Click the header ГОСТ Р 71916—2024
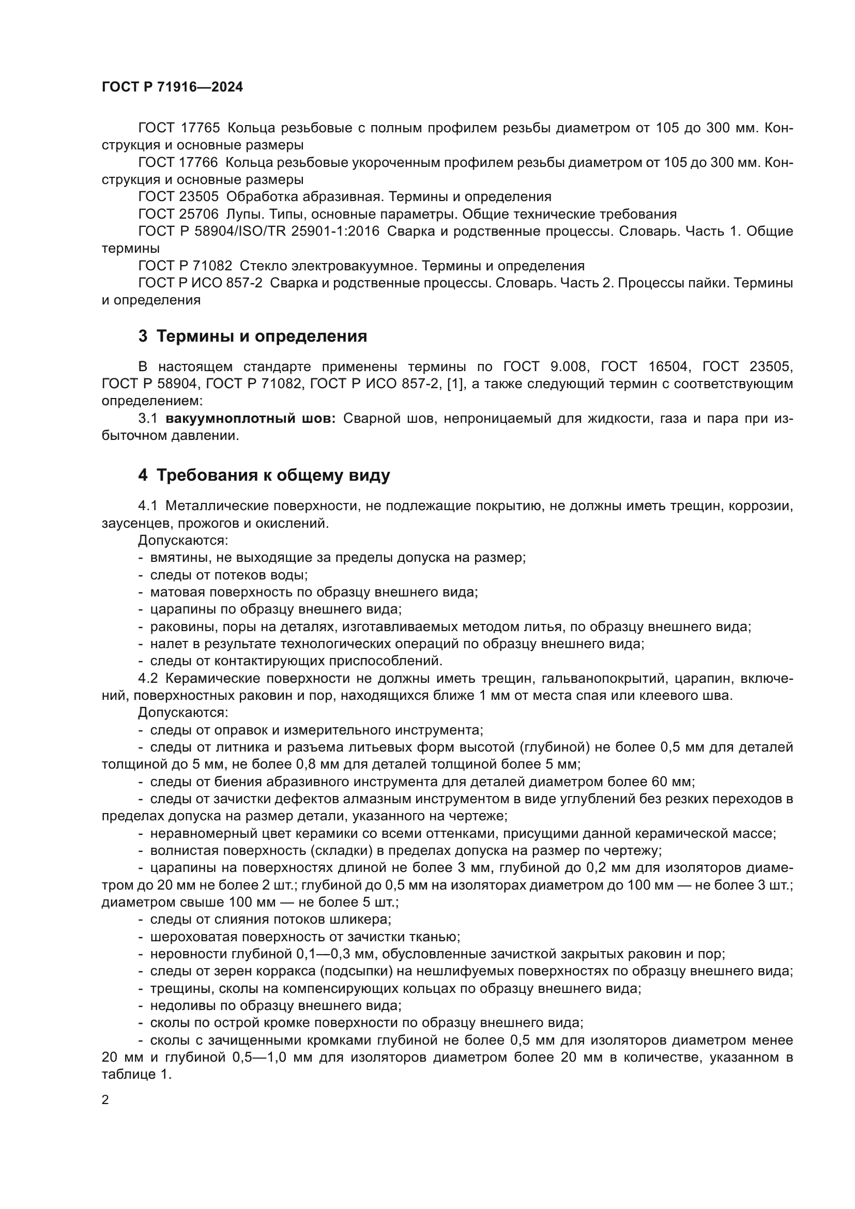coord(172,87)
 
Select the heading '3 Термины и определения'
coord(253,336)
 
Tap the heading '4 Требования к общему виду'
coord(264,476)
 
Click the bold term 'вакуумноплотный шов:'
coord(251,419)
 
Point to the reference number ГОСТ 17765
coord(179,128)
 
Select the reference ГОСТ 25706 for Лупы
coord(178,214)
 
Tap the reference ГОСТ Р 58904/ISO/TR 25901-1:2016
coord(258,231)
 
